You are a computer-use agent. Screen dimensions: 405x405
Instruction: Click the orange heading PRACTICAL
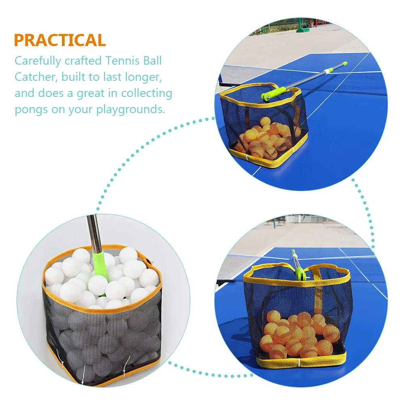click(x=60, y=40)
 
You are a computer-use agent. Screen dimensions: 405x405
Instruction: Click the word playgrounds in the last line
click(x=131, y=110)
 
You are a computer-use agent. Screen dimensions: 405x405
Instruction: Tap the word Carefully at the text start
click(x=38, y=61)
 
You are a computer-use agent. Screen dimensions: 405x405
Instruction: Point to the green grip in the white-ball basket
click(x=100, y=266)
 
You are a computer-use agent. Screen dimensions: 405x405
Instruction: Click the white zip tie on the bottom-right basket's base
click(x=299, y=362)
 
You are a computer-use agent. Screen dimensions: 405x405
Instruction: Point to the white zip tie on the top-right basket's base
click(x=247, y=157)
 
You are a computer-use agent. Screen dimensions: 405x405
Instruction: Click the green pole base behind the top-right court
click(x=303, y=30)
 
